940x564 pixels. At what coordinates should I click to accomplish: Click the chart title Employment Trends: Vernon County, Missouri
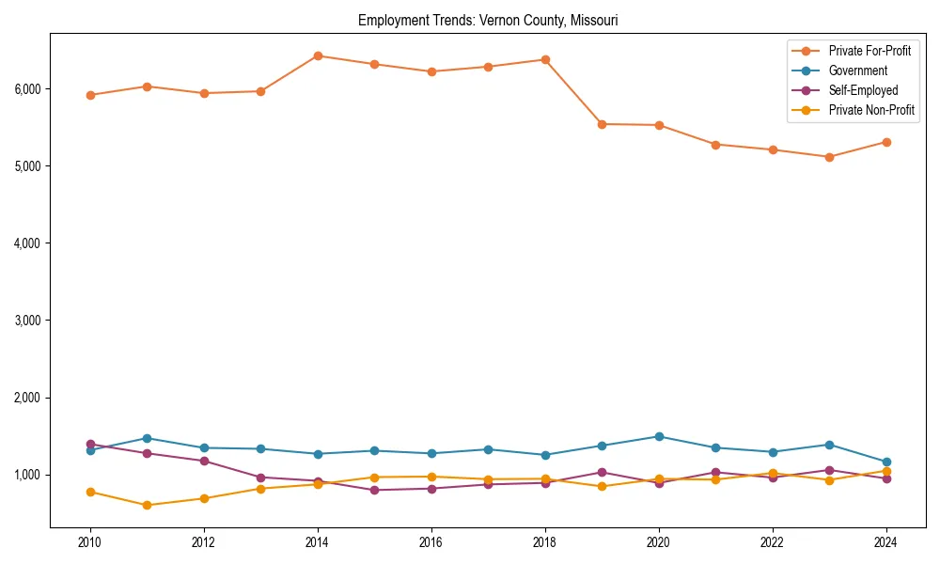[x=488, y=20]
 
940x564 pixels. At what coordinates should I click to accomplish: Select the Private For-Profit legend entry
[x=869, y=50]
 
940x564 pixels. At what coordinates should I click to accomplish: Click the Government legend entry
[x=857, y=70]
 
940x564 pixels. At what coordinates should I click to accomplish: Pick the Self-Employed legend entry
[x=863, y=90]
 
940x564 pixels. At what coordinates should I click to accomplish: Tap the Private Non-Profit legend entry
[x=871, y=110]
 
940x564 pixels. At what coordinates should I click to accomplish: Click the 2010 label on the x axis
[x=90, y=542]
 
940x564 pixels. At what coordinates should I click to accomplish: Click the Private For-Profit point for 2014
[x=318, y=55]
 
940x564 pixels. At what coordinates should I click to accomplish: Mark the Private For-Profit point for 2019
[x=602, y=124]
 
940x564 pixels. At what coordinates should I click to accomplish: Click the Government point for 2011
[x=147, y=438]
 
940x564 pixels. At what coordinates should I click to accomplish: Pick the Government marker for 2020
[x=659, y=436]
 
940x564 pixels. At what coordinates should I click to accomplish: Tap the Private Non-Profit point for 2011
[x=147, y=506]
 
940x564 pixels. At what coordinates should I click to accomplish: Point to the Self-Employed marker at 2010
[x=90, y=444]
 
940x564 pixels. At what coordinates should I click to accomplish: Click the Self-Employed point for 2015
[x=374, y=490]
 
